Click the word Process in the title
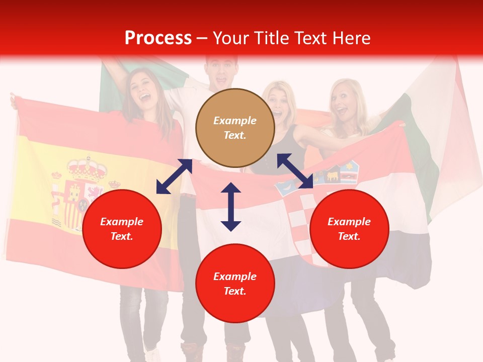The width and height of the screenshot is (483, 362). click(158, 38)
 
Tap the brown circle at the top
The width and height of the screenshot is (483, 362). click(235, 128)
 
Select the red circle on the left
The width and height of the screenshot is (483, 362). click(122, 229)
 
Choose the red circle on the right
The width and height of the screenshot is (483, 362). click(349, 229)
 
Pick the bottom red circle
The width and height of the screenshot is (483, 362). click(235, 284)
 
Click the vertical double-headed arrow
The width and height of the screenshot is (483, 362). click(231, 207)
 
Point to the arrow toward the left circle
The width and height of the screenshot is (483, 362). click(174, 176)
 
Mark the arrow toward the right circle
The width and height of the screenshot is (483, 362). click(295, 171)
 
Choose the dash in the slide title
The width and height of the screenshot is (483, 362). click(202, 38)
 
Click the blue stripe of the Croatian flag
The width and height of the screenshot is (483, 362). click(403, 261)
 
